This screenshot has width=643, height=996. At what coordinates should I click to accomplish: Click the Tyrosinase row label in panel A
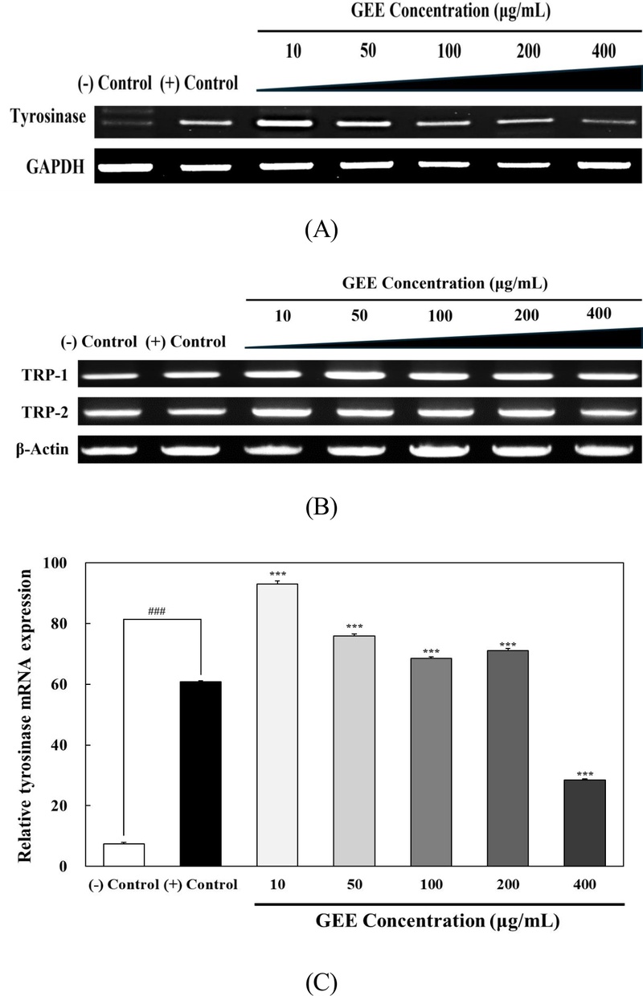tap(47, 117)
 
